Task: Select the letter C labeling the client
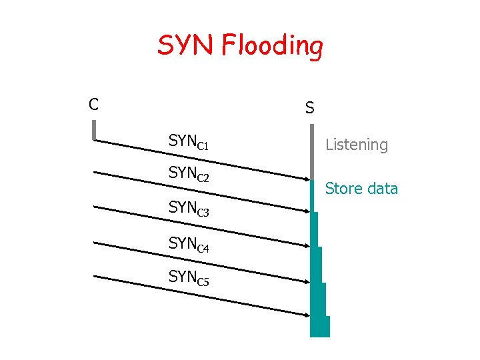pos(94,104)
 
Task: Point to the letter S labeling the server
pos(310,107)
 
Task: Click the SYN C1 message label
pos(189,141)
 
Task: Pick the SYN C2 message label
pos(189,175)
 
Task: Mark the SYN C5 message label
pos(189,277)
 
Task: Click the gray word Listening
pos(356,145)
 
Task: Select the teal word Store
pos(344,189)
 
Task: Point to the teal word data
pos(382,189)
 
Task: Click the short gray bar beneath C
pos(95,130)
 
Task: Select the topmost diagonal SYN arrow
pos(200,159)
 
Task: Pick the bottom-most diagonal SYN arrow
pos(200,295)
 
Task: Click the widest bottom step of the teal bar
pos(320,326)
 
